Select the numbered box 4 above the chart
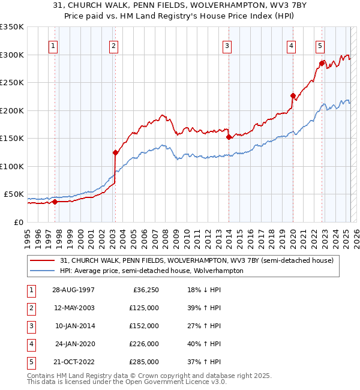291,46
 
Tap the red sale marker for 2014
229,137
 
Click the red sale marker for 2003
115,152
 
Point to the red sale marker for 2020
293,95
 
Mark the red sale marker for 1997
55,202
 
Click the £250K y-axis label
11,82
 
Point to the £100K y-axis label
11,166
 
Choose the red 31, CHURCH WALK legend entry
200,260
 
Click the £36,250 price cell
146,290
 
